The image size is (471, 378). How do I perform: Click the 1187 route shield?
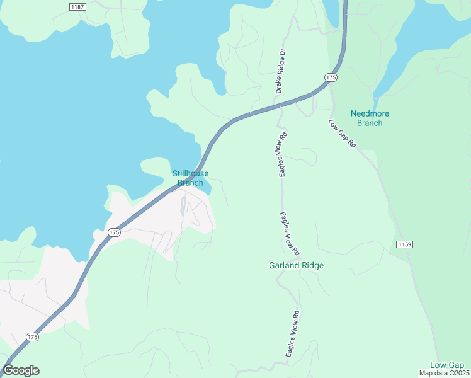77,6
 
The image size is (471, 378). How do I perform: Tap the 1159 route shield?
404,244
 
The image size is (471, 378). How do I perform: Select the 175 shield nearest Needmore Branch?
331,77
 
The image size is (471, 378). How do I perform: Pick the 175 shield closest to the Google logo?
33,338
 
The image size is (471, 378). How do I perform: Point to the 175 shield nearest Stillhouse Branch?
113,232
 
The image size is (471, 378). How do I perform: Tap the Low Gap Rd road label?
343,134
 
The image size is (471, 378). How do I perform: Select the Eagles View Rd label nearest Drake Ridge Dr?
283,154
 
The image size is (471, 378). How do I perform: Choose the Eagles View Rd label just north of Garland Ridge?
290,233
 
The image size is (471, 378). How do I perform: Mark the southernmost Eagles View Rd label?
294,334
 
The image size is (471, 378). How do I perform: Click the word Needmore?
370,113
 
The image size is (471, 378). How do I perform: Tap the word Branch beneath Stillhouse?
190,183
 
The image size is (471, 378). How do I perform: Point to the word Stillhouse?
190,174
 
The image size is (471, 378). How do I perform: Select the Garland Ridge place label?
296,265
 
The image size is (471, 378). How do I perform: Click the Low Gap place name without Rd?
447,365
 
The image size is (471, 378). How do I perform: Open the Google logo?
21,370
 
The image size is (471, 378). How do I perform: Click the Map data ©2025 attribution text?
444,373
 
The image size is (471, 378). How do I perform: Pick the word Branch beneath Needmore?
370,123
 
